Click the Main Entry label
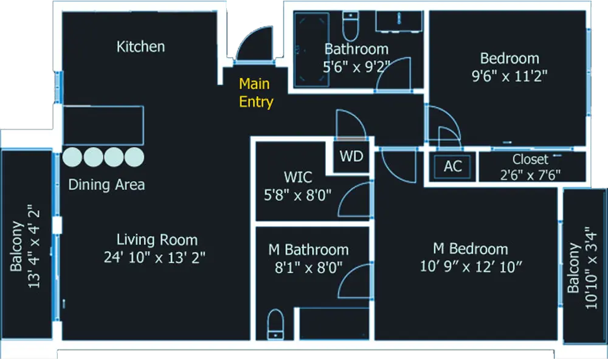(x=255, y=92)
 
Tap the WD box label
(x=351, y=156)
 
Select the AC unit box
(x=452, y=166)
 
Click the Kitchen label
(x=140, y=46)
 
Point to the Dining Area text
(x=106, y=184)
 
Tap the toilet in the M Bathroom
(x=275, y=324)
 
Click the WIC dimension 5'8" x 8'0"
(x=298, y=196)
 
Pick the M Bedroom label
(x=470, y=249)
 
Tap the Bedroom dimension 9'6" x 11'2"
(x=509, y=76)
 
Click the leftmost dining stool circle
(x=72, y=157)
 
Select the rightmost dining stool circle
(x=134, y=157)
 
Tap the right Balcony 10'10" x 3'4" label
(x=582, y=268)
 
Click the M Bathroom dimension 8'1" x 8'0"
(x=308, y=266)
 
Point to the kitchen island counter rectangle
(x=103, y=126)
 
